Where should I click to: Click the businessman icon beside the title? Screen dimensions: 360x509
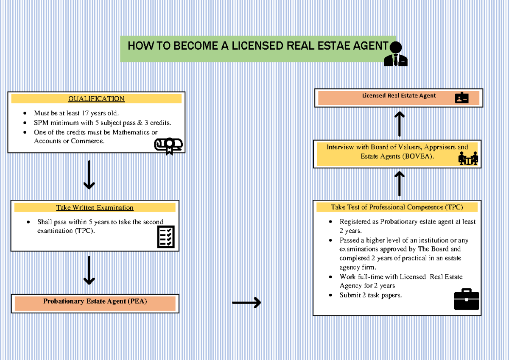click(396, 54)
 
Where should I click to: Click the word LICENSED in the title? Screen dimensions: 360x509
click(257, 46)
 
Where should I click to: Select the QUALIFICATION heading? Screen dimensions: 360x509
click(96, 99)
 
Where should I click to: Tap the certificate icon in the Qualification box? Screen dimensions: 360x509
click(168, 146)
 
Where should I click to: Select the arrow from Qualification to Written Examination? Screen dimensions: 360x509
click(89, 175)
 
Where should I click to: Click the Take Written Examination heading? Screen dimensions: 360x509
click(95, 208)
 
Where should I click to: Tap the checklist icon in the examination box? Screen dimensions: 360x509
click(166, 237)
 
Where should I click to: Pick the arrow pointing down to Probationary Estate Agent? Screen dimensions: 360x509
click(89, 271)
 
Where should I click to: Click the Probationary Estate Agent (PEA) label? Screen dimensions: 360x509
click(95, 301)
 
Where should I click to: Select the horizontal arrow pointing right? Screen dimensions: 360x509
click(246, 302)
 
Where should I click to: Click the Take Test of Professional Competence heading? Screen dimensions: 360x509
click(397, 207)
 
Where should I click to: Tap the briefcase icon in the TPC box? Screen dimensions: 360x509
click(466, 299)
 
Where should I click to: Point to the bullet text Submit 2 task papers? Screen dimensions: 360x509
click(370, 295)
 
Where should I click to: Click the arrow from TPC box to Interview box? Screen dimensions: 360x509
click(399, 184)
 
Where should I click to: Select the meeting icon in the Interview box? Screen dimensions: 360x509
click(468, 158)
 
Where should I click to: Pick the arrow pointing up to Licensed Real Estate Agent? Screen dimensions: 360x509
click(399, 124)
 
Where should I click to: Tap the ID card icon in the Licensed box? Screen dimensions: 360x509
click(461, 98)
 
